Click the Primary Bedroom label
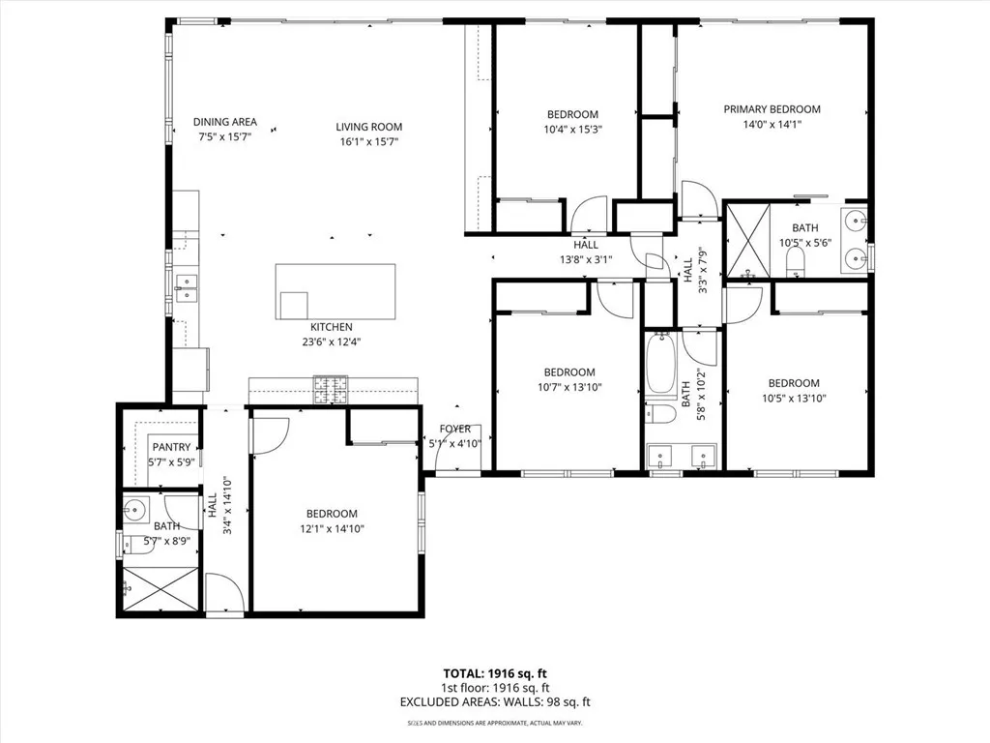pos(772,109)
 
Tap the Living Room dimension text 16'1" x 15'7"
pos(368,142)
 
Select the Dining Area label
pos(224,122)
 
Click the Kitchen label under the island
pos(331,327)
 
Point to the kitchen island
pos(335,291)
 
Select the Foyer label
pos(454,429)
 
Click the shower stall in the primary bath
pos(747,240)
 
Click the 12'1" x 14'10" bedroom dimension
pos(332,529)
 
